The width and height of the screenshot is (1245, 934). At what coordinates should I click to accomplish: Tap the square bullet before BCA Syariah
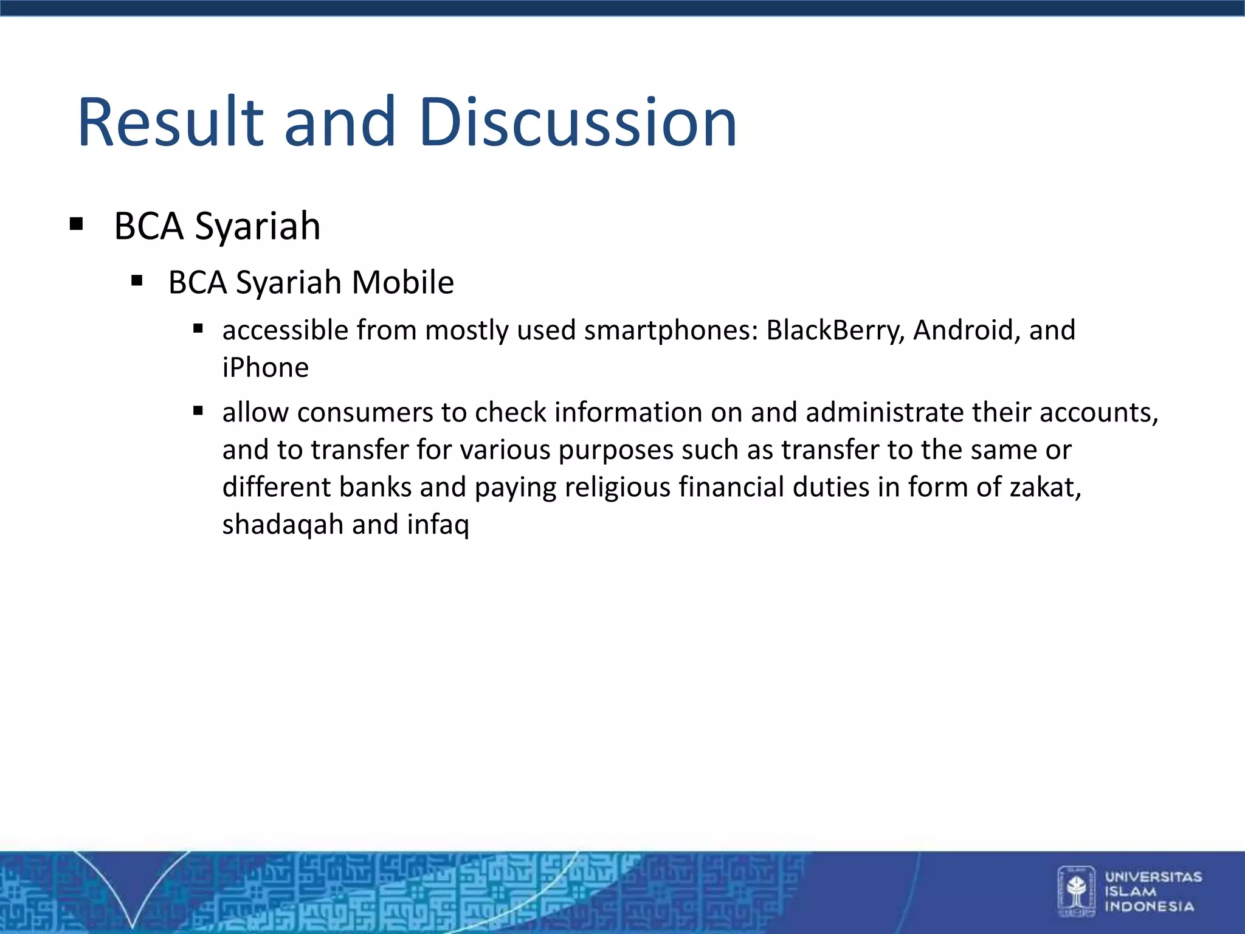[76, 224]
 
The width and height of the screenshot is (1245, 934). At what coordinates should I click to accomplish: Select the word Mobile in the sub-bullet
[403, 283]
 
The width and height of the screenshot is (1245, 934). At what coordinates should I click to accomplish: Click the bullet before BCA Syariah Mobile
[137, 281]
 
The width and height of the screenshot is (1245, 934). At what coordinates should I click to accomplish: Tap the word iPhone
[266, 368]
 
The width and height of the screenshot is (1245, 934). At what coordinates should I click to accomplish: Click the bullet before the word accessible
[198, 329]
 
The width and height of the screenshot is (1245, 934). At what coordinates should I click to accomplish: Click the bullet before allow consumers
[198, 411]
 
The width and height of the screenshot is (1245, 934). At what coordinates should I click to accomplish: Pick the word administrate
[885, 412]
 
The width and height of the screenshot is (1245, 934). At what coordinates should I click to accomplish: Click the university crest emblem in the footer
[1076, 891]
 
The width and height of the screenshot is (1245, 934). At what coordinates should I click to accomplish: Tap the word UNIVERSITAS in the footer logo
[1153, 877]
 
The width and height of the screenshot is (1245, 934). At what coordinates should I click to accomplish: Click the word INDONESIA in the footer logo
[1149, 907]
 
